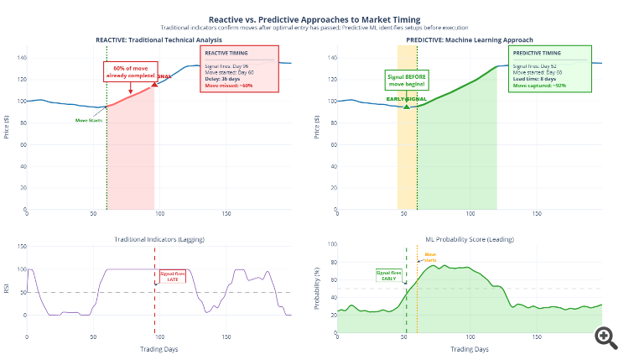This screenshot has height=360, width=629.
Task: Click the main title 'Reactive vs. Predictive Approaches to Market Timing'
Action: [x=314, y=18]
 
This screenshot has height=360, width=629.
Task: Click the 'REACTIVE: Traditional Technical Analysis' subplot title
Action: [x=159, y=40]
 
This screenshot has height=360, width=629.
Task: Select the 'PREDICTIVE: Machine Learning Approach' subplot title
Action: [x=469, y=40]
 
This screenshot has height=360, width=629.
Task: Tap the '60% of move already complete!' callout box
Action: [x=129, y=71]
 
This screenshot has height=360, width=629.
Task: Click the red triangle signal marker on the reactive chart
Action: [x=154, y=86]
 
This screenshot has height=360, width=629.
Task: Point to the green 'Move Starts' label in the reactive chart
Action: [x=88, y=121]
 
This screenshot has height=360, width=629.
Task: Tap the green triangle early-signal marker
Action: [x=406, y=106]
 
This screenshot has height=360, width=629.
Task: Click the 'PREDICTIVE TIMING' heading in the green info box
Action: [x=538, y=53]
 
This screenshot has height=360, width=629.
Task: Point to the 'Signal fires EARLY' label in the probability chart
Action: [x=389, y=274]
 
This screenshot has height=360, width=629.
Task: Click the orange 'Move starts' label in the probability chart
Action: [x=430, y=257]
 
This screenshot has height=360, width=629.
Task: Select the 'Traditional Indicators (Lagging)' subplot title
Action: [x=159, y=240]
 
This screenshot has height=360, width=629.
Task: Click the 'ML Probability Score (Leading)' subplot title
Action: [x=469, y=240]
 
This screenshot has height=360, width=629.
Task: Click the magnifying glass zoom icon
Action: [x=606, y=337]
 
